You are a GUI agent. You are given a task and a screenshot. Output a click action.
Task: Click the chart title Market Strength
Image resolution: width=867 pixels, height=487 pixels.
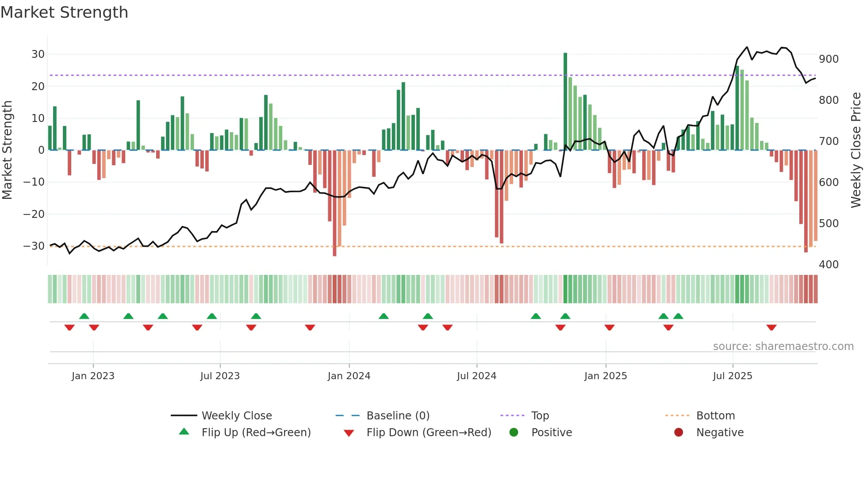tap(64, 12)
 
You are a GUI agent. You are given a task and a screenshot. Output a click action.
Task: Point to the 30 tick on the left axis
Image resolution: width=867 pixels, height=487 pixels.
tap(38, 54)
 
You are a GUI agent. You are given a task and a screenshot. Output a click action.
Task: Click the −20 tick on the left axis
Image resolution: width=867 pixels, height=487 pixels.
tap(34, 214)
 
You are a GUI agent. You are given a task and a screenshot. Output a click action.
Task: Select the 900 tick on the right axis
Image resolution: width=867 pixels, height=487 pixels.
tap(829, 59)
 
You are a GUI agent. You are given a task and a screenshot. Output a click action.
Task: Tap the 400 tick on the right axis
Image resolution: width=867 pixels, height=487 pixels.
tap(829, 265)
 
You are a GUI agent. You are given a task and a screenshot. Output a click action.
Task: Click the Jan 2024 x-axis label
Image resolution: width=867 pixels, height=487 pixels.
tap(349, 376)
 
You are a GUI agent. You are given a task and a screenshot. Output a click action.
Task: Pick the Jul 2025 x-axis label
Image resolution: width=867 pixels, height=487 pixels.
tap(733, 376)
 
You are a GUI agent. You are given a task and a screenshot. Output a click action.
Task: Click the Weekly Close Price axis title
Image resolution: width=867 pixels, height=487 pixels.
tap(856, 150)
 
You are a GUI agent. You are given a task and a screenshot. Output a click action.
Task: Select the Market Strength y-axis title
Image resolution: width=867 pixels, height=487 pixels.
tap(7, 150)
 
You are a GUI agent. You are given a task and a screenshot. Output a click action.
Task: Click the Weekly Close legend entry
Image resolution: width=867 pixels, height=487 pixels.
tap(237, 416)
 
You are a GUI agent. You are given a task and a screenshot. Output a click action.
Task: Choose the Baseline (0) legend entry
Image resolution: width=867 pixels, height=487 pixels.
tap(398, 416)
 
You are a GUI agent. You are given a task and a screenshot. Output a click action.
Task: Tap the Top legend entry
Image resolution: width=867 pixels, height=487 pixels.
tap(540, 416)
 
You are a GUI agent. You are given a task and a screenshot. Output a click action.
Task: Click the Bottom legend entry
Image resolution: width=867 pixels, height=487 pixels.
tap(715, 416)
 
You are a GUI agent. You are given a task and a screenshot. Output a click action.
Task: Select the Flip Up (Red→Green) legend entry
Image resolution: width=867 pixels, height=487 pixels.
tap(256, 433)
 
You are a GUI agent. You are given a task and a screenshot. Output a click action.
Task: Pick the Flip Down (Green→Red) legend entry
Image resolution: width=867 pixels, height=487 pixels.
tap(429, 433)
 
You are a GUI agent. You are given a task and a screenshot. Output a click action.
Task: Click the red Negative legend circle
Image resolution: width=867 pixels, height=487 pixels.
tap(679, 433)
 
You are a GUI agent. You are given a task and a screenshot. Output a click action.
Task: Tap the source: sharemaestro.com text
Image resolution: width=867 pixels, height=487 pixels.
tap(783, 346)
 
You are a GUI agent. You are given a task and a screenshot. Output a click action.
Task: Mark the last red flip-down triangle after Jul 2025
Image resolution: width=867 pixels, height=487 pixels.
tap(771, 327)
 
